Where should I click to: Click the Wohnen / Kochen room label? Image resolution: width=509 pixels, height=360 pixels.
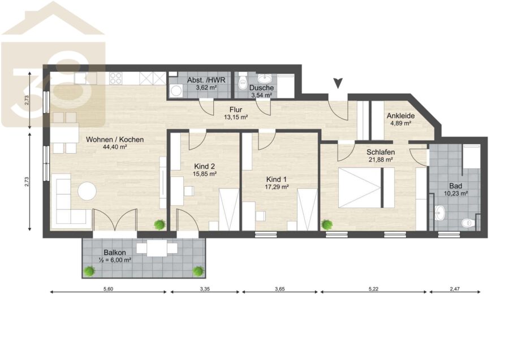pos(115,140)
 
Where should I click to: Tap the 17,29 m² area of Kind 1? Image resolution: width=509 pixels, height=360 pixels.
pos(277,187)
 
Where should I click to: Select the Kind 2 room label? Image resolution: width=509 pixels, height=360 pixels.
pos(205,166)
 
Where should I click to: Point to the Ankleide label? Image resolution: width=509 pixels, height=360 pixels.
pos(400,116)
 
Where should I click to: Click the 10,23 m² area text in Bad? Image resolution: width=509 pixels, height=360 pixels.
pos(456,193)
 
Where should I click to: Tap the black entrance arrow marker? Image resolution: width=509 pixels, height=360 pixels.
pos(338,83)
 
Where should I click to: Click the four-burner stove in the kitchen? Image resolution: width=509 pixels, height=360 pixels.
pos(116,78)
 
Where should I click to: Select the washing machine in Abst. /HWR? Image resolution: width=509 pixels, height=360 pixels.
pos(176,90)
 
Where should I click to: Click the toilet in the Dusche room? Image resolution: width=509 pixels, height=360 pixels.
pos(243,83)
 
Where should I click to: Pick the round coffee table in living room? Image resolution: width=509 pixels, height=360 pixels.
pos(87,190)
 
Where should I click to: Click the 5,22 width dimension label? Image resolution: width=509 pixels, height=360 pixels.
pos(373,288)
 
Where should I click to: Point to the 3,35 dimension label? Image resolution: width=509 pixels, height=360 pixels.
pos(205,288)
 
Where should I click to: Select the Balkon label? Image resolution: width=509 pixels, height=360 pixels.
pos(115,252)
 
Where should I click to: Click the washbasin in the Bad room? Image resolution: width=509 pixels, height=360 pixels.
pos(440,213)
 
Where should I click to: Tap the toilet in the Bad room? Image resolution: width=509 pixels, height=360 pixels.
pos(468,223)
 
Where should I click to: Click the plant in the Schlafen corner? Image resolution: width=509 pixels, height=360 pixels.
pos(326,224)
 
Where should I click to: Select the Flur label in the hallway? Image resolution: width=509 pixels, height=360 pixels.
pos(236,110)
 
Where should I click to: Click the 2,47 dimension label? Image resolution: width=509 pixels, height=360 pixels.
pos(455,288)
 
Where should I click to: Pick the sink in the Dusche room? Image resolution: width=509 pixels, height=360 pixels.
pos(266,79)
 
